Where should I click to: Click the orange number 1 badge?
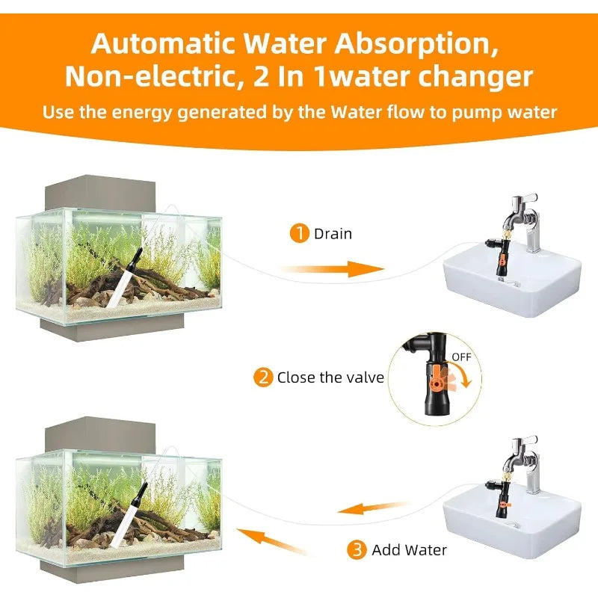[299, 234]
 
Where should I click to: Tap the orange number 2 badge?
[263, 377]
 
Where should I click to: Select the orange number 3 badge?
[357, 550]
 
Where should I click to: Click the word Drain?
[333, 234]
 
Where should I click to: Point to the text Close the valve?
[330, 377]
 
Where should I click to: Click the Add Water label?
[409, 550]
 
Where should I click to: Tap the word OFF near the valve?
[461, 357]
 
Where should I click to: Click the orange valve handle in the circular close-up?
[434, 374]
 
